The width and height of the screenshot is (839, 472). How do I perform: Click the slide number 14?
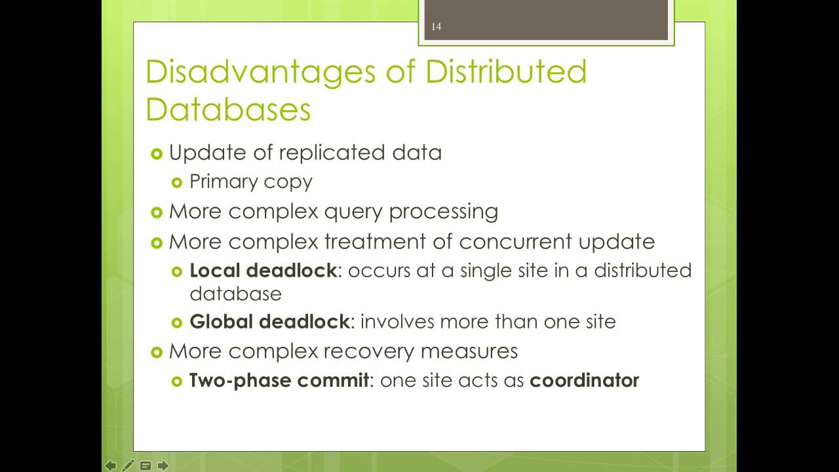pos(437,27)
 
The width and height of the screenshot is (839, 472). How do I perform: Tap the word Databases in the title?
pos(228,109)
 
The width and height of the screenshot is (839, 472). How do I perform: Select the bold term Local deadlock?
pos(263,270)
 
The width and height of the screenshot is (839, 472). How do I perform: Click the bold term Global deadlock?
pos(269,321)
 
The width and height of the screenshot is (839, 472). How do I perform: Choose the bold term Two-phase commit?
pos(279,380)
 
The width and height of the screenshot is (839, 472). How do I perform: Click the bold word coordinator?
pos(584,380)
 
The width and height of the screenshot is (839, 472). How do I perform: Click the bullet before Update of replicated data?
pos(156,153)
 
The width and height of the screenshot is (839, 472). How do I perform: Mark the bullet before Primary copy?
pos(176,182)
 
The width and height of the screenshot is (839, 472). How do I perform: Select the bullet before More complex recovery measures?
pos(156,352)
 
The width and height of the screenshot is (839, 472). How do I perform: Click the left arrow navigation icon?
pos(111,465)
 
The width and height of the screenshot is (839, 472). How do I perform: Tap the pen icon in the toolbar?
pos(128,465)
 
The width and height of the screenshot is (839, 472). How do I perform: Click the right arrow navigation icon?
pos(163,465)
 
